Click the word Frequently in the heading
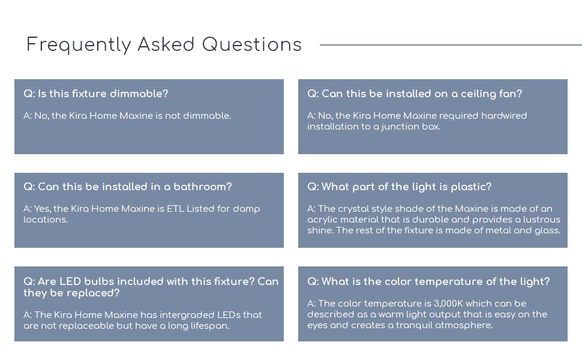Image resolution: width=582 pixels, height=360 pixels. [x=78, y=45]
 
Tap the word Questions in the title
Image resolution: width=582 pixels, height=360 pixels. [x=251, y=45]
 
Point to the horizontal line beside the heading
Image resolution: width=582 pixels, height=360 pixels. [x=450, y=45]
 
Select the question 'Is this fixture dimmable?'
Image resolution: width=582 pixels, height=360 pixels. [x=96, y=94]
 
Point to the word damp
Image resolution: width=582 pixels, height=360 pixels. [x=247, y=209]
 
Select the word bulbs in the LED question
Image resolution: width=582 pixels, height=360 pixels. [x=97, y=281]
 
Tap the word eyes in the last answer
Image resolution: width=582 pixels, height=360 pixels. [x=317, y=325]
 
